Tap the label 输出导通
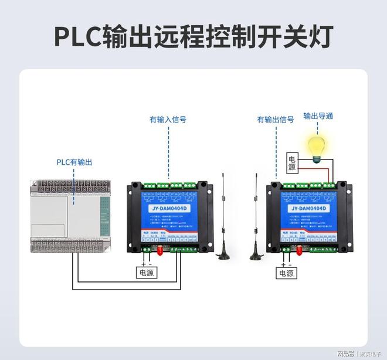click(x=318, y=116)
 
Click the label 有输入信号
click(x=168, y=120)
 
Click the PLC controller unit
click(x=70, y=216)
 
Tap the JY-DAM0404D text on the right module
click(x=307, y=208)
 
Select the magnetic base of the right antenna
click(x=256, y=255)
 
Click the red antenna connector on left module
click(x=158, y=253)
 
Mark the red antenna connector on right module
click(x=297, y=253)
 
